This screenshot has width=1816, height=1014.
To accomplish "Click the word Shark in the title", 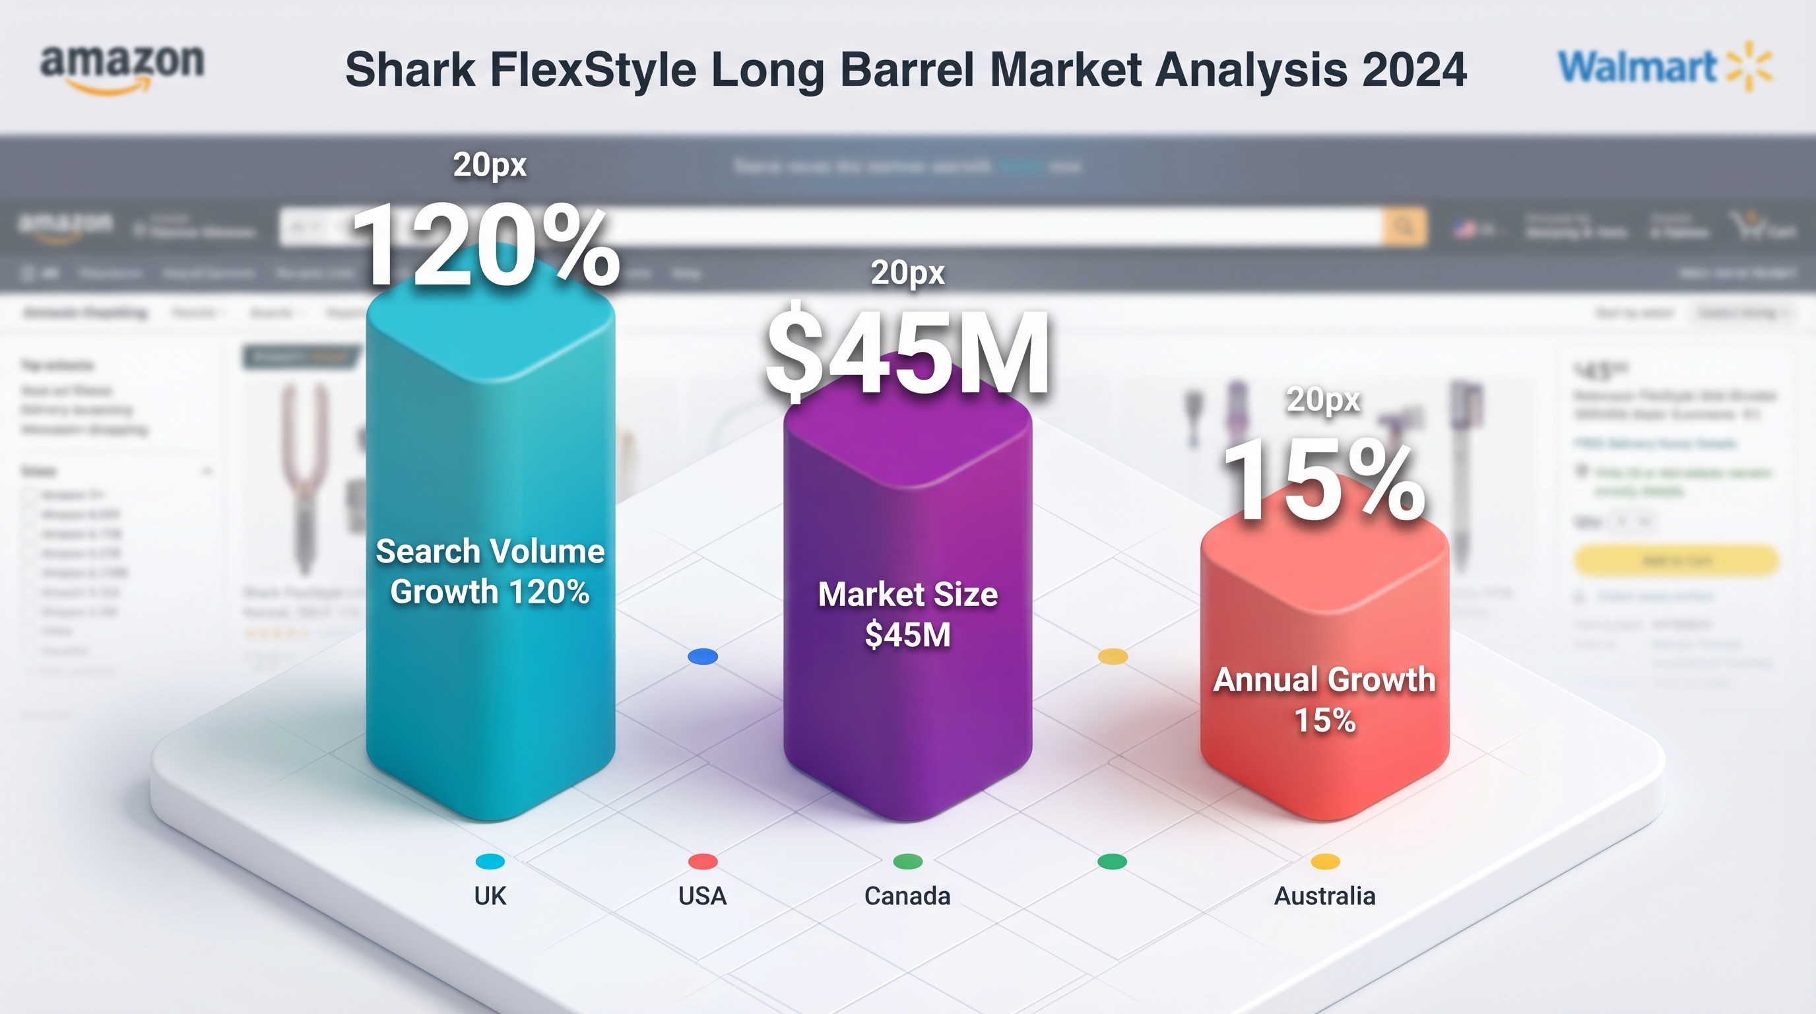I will coord(410,70).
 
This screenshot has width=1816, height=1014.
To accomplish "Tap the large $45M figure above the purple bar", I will coord(908,353).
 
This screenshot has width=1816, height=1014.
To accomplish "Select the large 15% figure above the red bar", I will coord(1324,482).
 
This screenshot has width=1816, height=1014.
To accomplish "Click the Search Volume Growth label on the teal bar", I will coord(490,570).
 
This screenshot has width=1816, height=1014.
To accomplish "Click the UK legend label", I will coord(490,896).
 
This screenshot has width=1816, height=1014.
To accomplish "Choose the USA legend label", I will coord(702,896).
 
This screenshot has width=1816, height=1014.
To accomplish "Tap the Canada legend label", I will coord(907,896).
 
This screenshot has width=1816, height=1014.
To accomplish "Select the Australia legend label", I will coord(1324,896).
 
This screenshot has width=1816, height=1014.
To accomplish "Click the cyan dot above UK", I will coord(490,861).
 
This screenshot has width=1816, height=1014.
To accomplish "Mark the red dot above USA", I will coord(703,861).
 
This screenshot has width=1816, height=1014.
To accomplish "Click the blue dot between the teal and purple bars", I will coord(703,656).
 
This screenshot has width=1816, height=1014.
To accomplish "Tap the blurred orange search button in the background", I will coord(1405,227).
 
